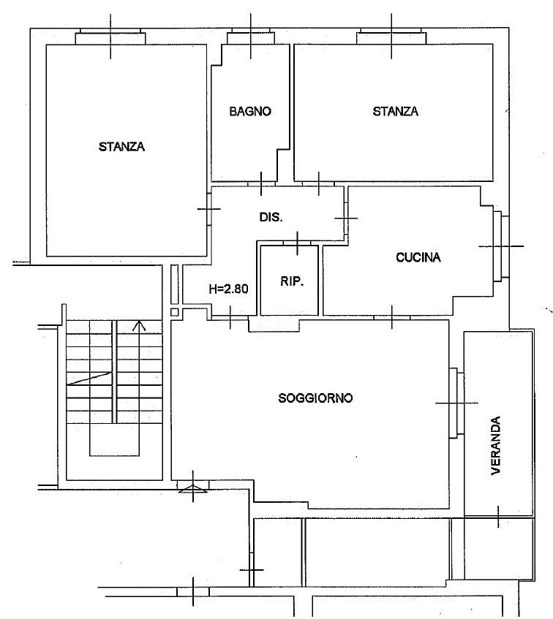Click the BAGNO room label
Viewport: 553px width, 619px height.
(x=250, y=111)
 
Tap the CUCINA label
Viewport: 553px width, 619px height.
(x=418, y=257)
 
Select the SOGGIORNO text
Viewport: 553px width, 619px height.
(x=315, y=398)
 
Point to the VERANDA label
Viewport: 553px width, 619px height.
(x=495, y=445)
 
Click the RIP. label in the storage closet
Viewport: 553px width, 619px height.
(x=292, y=281)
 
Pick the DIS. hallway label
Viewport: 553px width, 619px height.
(x=271, y=217)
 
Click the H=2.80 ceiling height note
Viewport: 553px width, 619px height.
(x=229, y=289)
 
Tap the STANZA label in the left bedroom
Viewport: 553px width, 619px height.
(x=121, y=147)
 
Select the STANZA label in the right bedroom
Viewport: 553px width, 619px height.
(x=396, y=111)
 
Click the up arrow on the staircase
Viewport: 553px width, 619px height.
(x=139, y=326)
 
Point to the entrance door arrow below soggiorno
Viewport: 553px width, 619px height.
(x=193, y=489)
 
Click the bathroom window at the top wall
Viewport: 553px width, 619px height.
(x=251, y=36)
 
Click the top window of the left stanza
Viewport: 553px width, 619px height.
(x=110, y=37)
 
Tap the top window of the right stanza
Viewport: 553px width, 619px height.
(x=391, y=36)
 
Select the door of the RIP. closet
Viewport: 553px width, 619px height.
(x=298, y=243)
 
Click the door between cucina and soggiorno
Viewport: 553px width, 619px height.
(x=392, y=317)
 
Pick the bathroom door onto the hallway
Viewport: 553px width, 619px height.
(x=261, y=183)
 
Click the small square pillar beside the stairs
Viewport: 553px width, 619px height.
(x=175, y=312)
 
